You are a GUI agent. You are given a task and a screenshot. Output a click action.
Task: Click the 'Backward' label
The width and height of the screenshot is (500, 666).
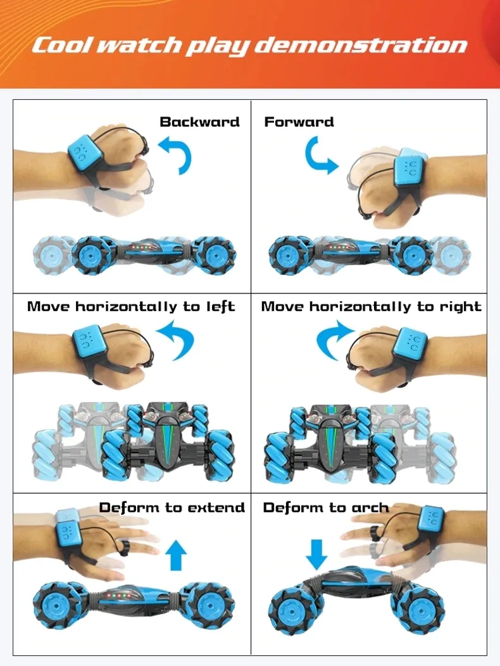tap(199, 121)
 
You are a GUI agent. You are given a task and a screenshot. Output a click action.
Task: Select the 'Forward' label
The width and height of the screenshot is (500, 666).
tap(299, 121)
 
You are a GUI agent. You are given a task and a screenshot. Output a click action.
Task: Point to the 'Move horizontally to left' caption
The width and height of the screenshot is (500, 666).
tap(131, 307)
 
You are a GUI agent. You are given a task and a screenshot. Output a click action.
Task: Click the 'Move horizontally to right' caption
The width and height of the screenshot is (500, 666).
tap(371, 307)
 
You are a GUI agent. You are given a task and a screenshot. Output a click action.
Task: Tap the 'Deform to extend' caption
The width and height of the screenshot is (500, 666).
tap(172, 507)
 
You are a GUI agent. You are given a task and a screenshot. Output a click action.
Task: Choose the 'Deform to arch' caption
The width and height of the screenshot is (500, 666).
tap(326, 507)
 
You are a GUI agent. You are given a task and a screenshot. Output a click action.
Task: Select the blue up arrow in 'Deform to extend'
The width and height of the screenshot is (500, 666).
tap(177, 555)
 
